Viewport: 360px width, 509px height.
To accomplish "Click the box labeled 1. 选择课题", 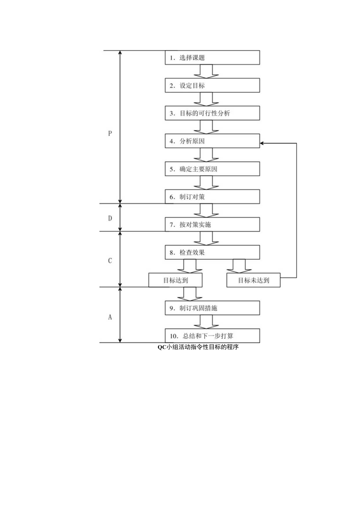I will tap(212, 58).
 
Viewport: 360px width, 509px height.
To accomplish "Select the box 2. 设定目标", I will tap(212, 85).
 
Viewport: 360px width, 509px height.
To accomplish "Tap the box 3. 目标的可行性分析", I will tap(212, 113).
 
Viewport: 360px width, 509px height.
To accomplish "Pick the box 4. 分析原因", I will tap(212, 141).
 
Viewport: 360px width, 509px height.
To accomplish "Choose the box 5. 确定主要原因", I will tap(212, 169).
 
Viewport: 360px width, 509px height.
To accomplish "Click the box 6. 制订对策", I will tap(212, 196).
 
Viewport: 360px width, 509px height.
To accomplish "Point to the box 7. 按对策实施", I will tap(212, 225).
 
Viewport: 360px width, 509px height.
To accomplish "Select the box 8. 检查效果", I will tap(212, 252).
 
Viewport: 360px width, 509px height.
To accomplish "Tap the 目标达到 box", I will tap(175, 280).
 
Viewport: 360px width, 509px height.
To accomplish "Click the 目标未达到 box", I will tap(254, 280).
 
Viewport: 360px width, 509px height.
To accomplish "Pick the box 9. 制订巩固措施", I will tap(212, 308).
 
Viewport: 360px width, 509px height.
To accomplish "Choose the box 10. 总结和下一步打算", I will tap(212, 336).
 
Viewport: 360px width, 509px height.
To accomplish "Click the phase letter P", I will tap(110, 133).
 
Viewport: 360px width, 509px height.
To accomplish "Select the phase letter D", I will tap(110, 218).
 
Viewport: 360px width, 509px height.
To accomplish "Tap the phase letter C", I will tap(110, 261).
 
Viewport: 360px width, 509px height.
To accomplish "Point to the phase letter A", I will tap(110, 317).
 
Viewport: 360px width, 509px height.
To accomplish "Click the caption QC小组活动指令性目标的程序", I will tap(198, 347).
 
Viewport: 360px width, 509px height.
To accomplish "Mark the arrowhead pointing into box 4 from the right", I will tap(262, 144).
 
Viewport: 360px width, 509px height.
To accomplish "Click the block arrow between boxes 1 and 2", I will tap(206, 71).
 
